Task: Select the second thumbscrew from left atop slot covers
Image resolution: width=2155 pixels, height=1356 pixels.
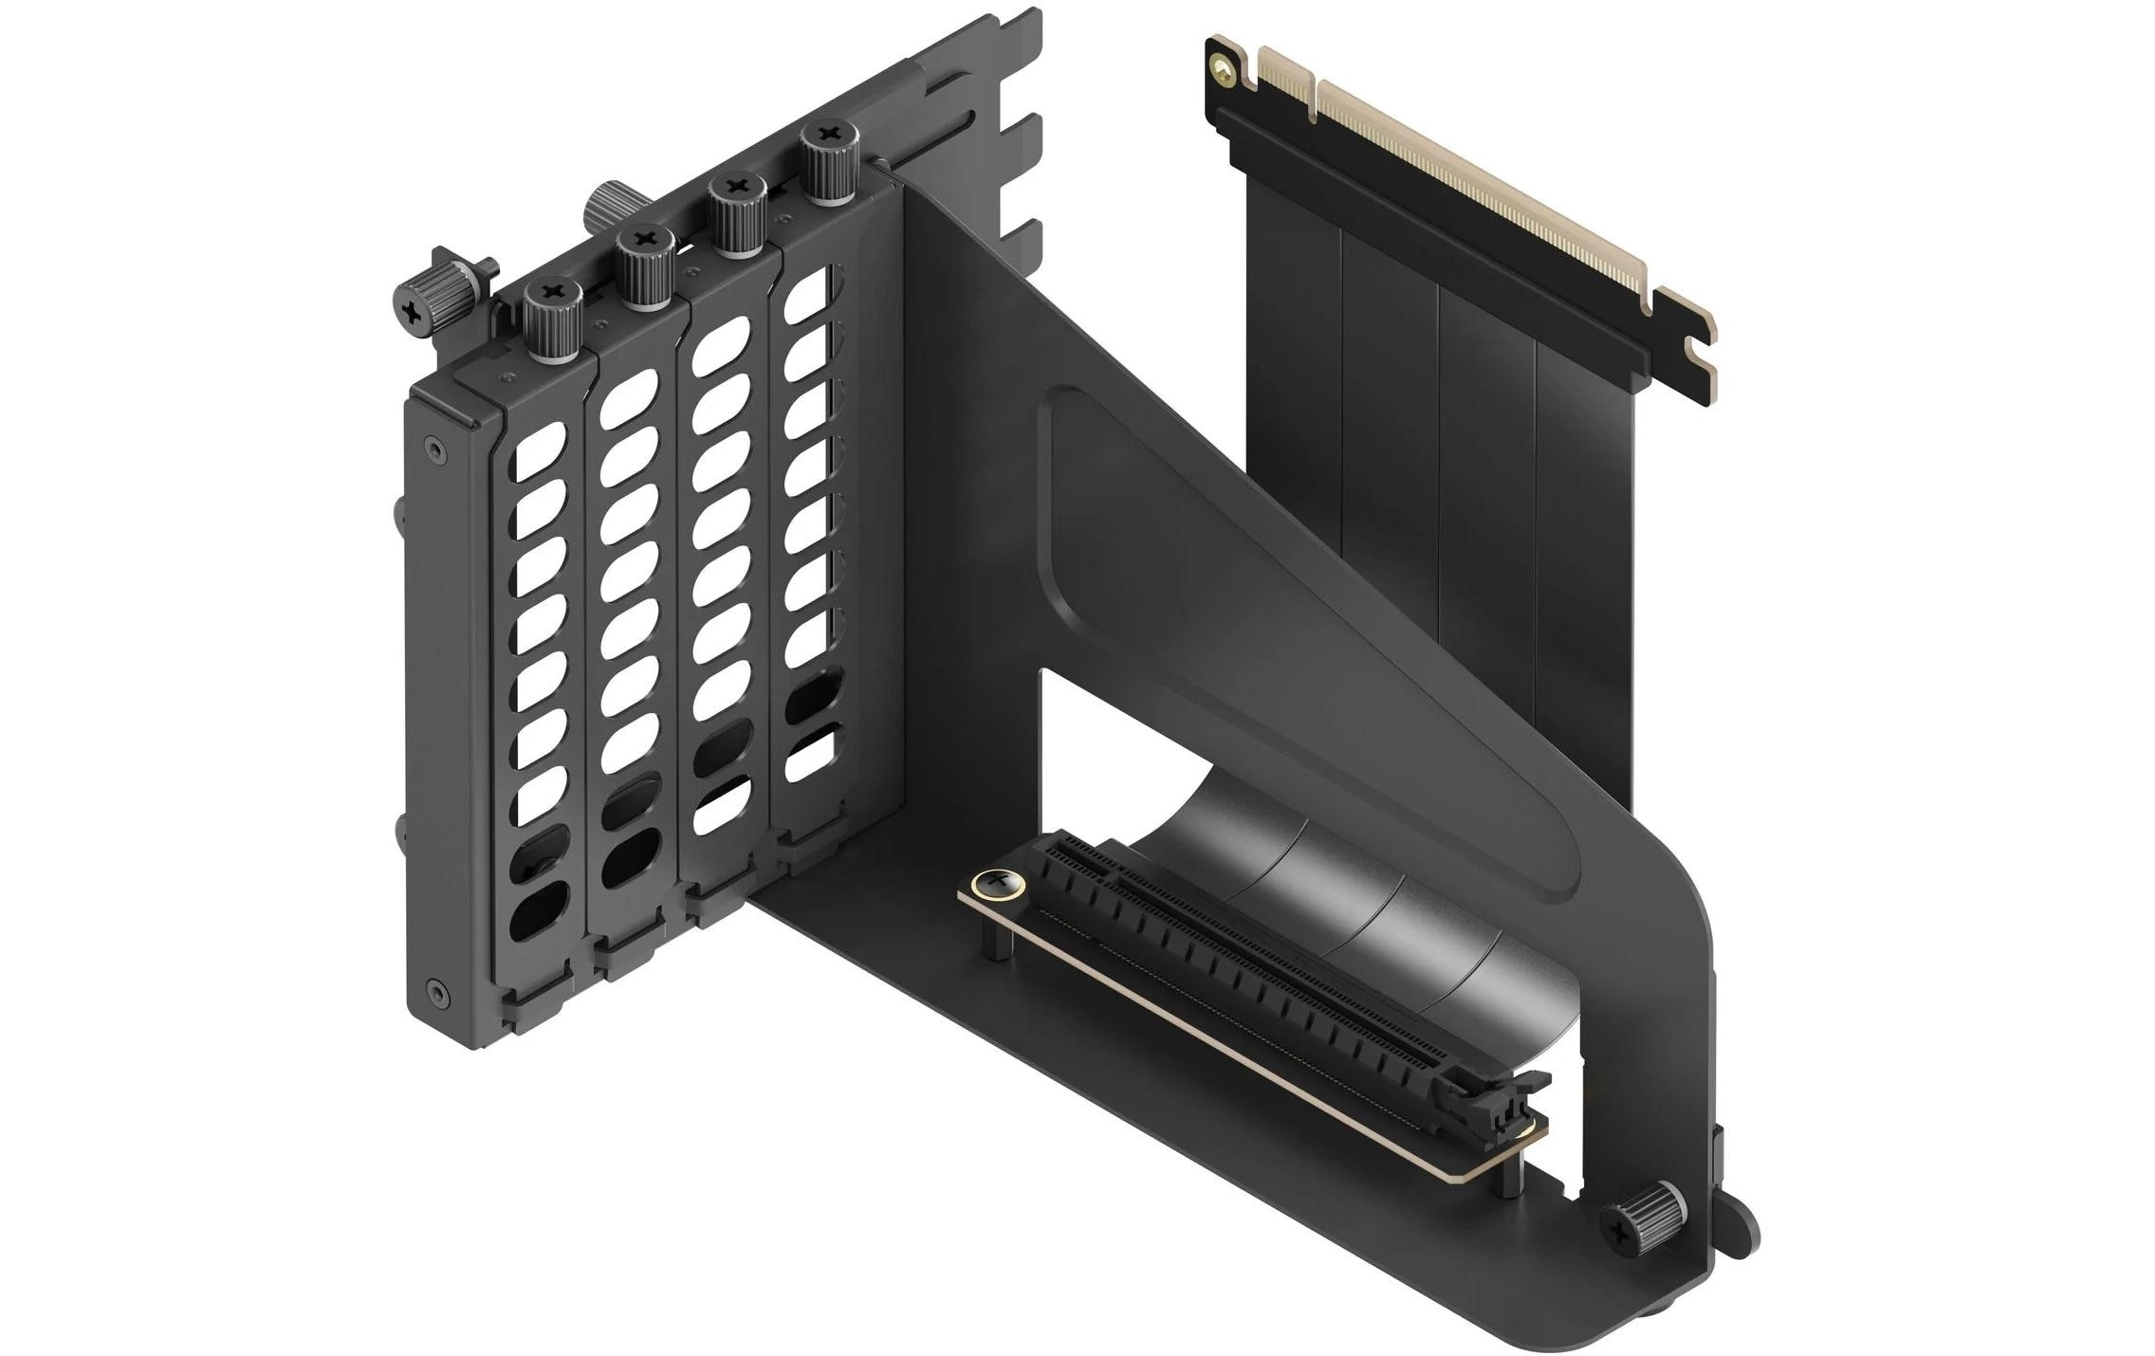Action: (x=645, y=269)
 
